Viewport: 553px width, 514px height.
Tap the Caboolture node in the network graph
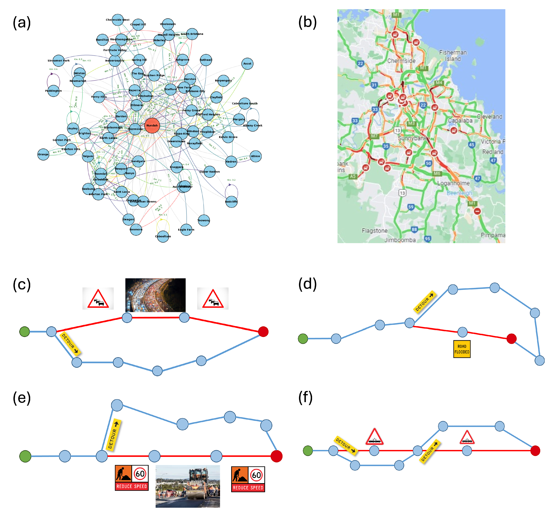coord(163,236)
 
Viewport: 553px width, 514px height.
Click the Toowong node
coord(204,220)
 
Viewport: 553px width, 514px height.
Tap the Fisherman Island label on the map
coord(453,56)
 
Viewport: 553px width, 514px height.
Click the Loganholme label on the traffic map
coord(453,183)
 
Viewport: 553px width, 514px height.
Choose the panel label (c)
coord(22,285)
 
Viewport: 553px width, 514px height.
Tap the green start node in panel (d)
coord(303,339)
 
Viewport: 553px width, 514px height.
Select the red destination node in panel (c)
coord(263,331)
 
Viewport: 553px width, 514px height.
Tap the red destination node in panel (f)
coord(535,451)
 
